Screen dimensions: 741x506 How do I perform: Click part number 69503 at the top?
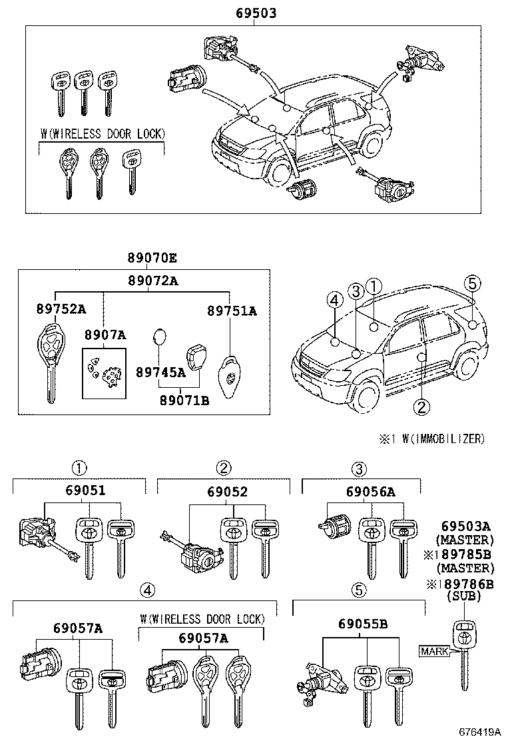(x=256, y=13)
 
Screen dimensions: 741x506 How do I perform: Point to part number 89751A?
(x=231, y=311)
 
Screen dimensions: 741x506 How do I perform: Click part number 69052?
(x=226, y=491)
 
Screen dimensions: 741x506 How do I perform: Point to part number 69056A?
(x=370, y=492)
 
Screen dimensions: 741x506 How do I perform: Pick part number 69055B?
(x=362, y=624)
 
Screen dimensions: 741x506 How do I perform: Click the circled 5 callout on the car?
(x=471, y=283)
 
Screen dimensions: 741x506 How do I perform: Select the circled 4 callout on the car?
(x=335, y=301)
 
